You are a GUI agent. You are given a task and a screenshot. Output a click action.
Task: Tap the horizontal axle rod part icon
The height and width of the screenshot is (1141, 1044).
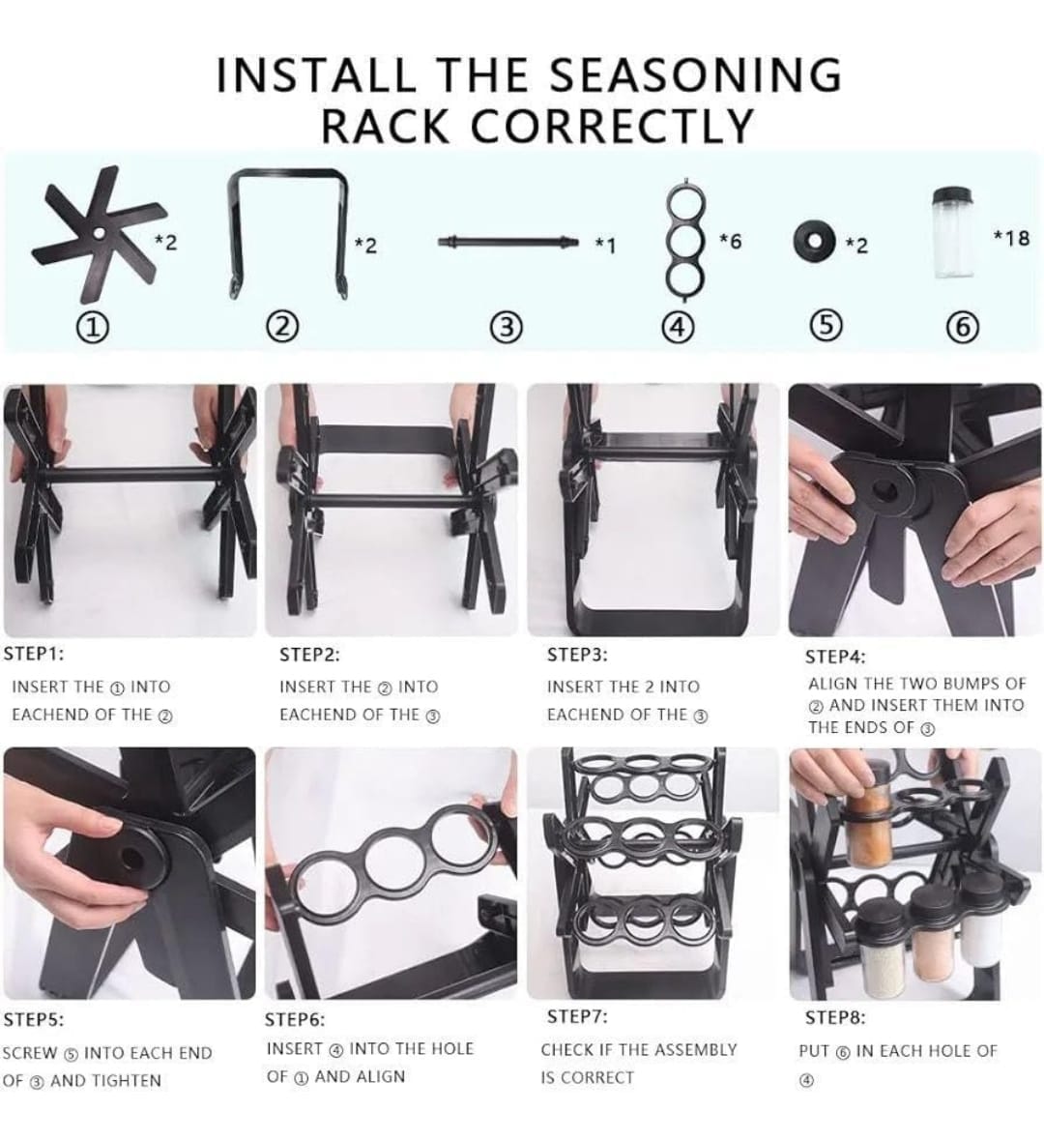coord(508,241)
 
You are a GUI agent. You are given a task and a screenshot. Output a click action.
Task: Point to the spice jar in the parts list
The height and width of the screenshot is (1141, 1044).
coord(952,233)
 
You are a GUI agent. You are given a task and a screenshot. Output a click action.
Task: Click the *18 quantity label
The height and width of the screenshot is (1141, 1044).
coord(1011,237)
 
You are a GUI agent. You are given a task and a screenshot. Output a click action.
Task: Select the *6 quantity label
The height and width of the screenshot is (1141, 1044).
coord(730,241)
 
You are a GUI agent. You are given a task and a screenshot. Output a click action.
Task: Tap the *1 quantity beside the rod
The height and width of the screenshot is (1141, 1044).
coord(605,246)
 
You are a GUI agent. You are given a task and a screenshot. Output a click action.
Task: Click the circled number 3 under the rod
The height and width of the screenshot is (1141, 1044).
coord(507,328)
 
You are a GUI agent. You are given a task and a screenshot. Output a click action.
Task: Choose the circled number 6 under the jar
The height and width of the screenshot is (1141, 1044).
coord(962,328)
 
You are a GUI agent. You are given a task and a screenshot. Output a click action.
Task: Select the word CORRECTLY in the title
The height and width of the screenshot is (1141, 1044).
coord(612,126)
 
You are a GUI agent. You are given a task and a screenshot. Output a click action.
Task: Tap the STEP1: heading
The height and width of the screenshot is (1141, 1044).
coord(34,654)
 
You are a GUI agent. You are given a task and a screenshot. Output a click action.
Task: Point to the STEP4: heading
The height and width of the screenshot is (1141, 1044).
coord(835,657)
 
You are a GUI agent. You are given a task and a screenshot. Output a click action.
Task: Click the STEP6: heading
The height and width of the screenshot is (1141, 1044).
coord(295,1019)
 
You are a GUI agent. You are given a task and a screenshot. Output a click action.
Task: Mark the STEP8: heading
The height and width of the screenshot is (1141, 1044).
coord(835,1017)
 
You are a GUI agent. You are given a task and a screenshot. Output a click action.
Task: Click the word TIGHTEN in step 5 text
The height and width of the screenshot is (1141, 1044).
coord(126,1081)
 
